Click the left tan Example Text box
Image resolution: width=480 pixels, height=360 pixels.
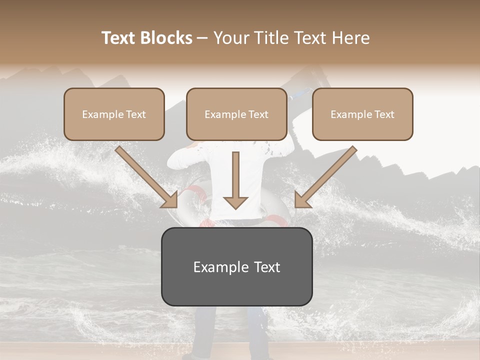tap(114, 114)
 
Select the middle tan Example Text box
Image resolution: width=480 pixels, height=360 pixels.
tap(236, 114)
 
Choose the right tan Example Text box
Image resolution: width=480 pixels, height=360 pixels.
tap(362, 114)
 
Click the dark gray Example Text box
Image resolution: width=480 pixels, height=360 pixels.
tap(236, 266)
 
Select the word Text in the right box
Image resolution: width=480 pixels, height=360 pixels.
tap(384, 114)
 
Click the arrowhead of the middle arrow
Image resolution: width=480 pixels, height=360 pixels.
tap(235, 202)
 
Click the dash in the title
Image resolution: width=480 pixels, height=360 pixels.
tap(202, 38)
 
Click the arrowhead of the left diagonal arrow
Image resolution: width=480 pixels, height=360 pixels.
tap(170, 200)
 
